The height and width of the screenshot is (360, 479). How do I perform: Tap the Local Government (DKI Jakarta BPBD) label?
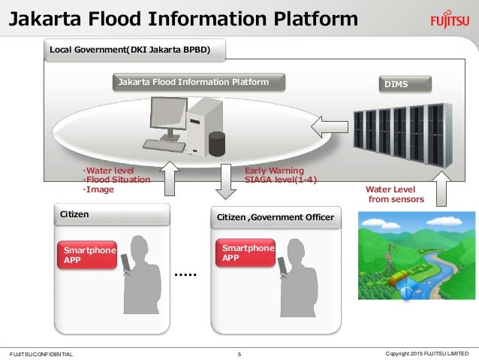pyautogui.click(x=129, y=50)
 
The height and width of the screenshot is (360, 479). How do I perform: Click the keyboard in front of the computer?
pyautogui.click(x=167, y=144)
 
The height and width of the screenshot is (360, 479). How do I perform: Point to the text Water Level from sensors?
pyautogui.click(x=394, y=195)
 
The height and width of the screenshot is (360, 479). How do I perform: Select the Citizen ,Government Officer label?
pyautogui.click(x=275, y=219)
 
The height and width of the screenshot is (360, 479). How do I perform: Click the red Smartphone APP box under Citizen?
pyautogui.click(x=85, y=256)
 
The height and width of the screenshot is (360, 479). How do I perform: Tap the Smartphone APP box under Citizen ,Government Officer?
pyautogui.click(x=245, y=253)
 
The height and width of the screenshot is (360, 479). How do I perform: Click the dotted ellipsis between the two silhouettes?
pyautogui.click(x=185, y=276)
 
